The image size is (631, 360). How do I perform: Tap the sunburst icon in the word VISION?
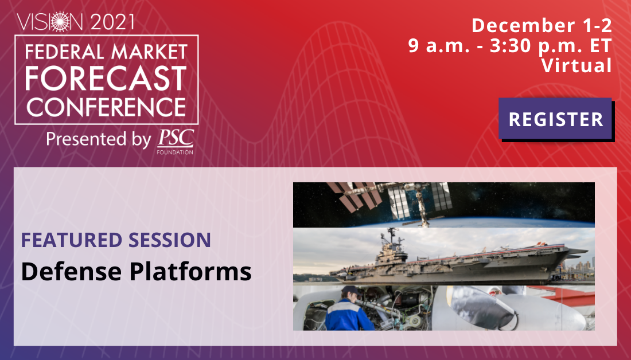pyautogui.click(x=60, y=22)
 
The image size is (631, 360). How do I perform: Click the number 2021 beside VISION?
pyautogui.click(x=112, y=22)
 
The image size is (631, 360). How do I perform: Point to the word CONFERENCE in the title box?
pyautogui.click(x=106, y=107)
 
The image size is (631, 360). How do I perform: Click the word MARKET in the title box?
pyautogui.click(x=149, y=52)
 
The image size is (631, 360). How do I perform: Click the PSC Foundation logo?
pyautogui.click(x=176, y=142)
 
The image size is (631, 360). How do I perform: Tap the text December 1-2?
pyautogui.click(x=542, y=25)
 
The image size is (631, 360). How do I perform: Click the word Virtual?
pyautogui.click(x=577, y=65)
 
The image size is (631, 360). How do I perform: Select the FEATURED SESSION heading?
pyautogui.click(x=116, y=240)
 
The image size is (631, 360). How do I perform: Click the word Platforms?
pyautogui.click(x=190, y=272)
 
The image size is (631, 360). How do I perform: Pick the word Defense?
pyautogui.click(x=71, y=272)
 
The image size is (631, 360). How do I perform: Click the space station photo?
pyautogui.click(x=443, y=205)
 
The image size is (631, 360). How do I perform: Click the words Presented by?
pyautogui.click(x=99, y=139)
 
